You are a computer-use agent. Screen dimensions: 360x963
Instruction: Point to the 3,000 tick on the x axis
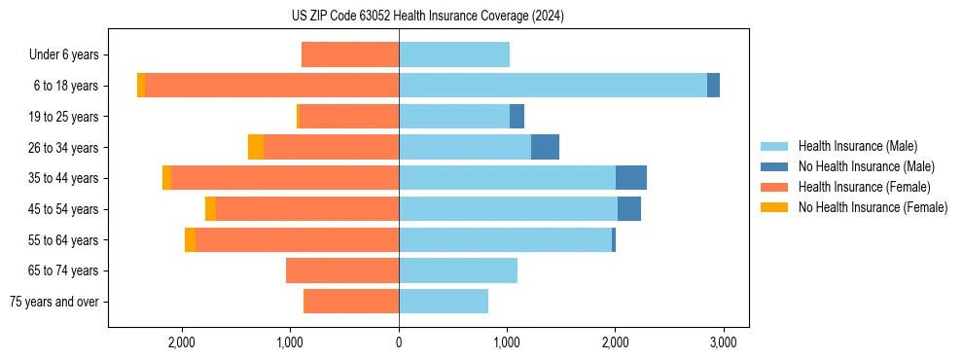point(722,342)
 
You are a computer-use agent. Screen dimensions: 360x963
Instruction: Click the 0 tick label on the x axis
point(399,342)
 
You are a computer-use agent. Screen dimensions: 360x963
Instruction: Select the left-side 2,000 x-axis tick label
point(183,342)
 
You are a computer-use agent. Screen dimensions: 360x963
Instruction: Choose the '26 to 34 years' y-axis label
point(63,147)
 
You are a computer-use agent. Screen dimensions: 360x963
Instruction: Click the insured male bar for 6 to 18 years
point(553,86)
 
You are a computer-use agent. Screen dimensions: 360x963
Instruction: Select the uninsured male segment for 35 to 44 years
point(631,178)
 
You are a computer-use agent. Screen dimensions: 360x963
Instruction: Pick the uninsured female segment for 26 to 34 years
point(256,147)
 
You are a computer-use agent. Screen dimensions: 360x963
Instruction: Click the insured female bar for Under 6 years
point(350,54)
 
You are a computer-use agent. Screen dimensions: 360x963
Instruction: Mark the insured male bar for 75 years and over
point(444,302)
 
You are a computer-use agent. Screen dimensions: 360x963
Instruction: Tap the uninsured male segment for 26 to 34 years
point(545,147)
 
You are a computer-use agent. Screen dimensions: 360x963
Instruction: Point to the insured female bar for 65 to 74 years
point(342,270)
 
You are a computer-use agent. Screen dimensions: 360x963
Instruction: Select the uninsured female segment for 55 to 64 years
point(190,239)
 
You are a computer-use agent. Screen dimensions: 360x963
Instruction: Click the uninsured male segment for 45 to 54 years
point(629,209)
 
